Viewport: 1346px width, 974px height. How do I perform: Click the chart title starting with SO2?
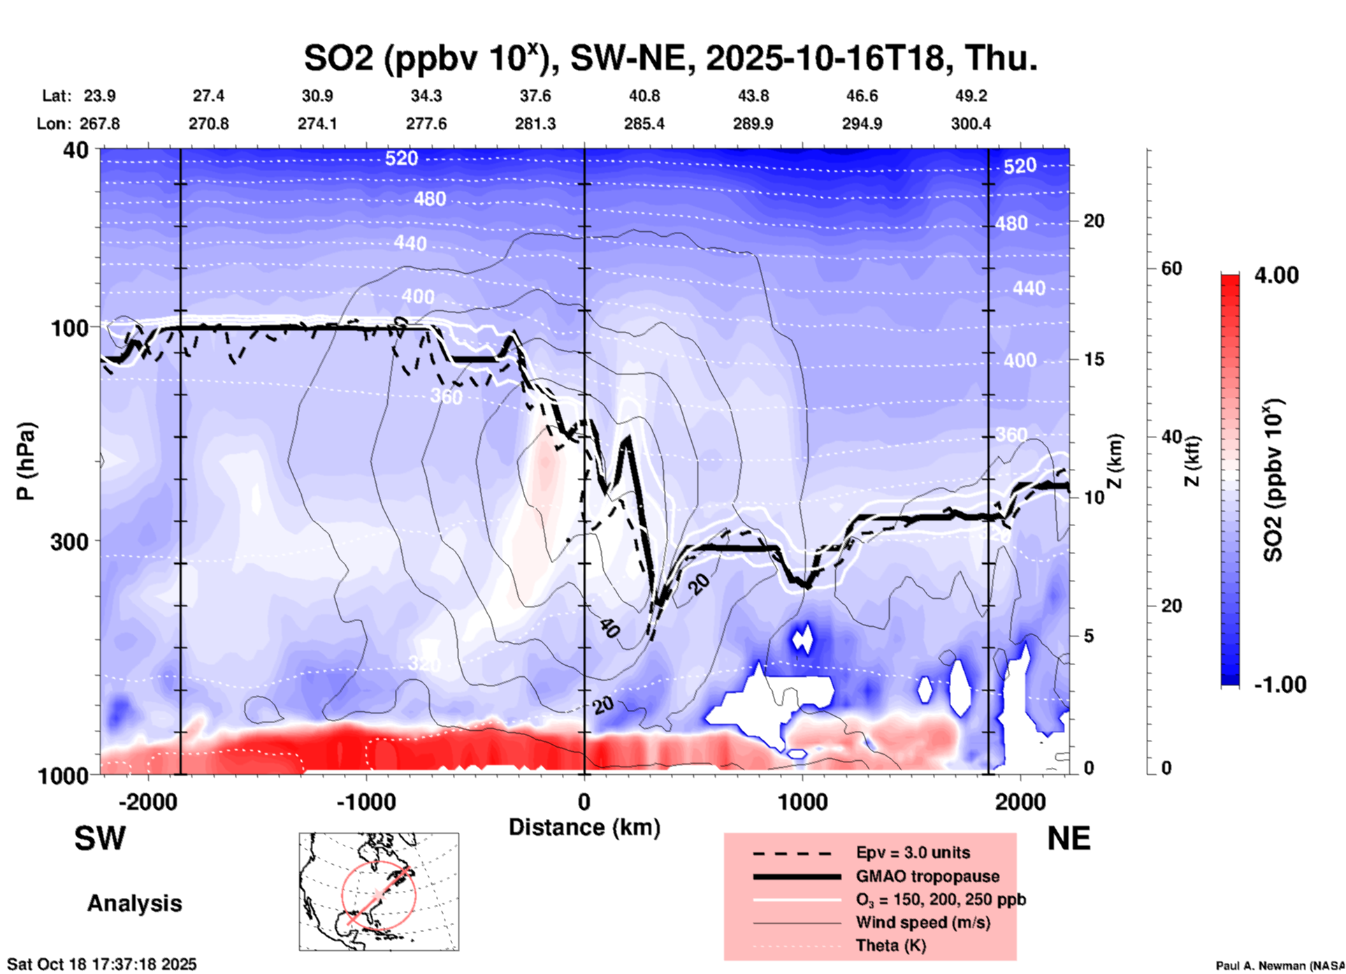(671, 58)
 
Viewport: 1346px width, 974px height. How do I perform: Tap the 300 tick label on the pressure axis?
(71, 541)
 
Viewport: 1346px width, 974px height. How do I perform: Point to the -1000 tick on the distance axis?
(366, 801)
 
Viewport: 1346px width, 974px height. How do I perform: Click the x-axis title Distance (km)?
(584, 827)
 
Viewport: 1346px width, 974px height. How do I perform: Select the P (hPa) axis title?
(26, 461)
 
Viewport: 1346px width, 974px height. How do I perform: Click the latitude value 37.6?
(535, 96)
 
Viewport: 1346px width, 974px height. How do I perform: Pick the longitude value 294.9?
(862, 124)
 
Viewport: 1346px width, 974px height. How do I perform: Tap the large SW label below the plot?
(100, 838)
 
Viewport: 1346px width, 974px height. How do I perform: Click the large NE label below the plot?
(1069, 838)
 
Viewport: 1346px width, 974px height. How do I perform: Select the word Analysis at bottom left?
(134, 903)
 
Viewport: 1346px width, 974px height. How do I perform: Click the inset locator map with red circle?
(379, 892)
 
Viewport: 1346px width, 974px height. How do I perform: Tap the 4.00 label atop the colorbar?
(1276, 275)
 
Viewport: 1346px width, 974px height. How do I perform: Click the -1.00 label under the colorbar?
(1280, 684)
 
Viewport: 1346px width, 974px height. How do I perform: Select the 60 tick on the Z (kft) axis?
(1171, 269)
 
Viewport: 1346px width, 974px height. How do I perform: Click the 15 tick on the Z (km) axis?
(1094, 359)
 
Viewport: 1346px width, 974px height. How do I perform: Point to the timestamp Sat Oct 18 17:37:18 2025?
(102, 964)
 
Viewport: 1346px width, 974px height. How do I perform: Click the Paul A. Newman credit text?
(1280, 966)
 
